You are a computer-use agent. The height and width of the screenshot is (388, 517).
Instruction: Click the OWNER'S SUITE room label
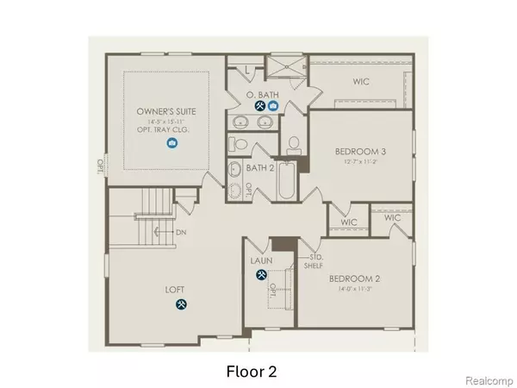click(x=170, y=113)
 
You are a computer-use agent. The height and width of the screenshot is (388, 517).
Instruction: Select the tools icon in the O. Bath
click(x=259, y=106)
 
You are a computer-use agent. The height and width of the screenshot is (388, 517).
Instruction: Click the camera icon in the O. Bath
click(x=273, y=106)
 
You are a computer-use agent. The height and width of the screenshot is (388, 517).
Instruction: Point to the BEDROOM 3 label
click(x=360, y=152)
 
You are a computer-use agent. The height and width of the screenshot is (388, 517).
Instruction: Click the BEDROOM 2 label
click(x=355, y=278)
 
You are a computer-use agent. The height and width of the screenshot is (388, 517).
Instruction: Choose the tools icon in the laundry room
click(x=260, y=276)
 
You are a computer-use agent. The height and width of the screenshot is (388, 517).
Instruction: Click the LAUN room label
click(x=261, y=258)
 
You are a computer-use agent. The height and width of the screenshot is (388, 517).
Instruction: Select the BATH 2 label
click(x=259, y=169)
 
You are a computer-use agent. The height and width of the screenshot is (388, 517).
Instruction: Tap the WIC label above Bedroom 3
click(x=360, y=83)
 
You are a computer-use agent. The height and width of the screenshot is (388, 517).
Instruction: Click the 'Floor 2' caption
click(x=252, y=372)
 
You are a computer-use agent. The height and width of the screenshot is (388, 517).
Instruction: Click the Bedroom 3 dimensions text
click(x=360, y=163)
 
